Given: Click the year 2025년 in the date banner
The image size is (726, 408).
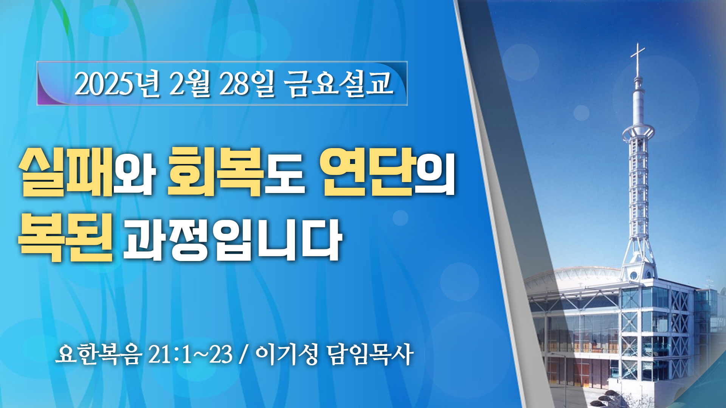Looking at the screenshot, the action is coord(118,83).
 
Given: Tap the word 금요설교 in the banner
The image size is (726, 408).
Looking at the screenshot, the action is coord(338,83).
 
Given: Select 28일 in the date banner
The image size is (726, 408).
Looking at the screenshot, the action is coord(246,83).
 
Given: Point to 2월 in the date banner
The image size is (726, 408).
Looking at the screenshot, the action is coord(189,83).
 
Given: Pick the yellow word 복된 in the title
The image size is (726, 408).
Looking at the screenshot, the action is coord(66,237).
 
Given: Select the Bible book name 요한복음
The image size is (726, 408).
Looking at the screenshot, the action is coord(99,354).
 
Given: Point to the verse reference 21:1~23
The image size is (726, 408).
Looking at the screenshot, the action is coord(190,355).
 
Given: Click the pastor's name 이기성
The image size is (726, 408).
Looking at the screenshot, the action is coord(287,354).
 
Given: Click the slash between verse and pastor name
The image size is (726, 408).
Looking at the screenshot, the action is coord(244,355).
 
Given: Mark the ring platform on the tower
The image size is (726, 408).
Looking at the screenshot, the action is coord(638,133).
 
